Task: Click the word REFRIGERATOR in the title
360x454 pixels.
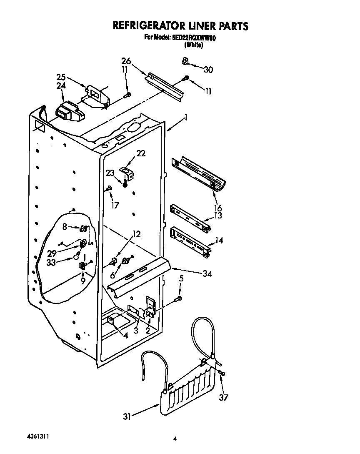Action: coord(153,26)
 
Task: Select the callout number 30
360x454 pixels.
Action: coord(208,70)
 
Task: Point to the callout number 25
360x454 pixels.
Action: coord(61,77)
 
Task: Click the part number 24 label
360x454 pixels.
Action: coord(61,86)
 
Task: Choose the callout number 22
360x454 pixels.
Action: coord(141,153)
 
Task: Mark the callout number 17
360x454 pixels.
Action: coord(115,205)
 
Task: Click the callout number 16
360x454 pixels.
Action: coord(217,208)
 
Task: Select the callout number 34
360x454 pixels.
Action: coord(207,273)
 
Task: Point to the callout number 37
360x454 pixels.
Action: coord(224,397)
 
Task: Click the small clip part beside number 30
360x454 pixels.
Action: coord(185,62)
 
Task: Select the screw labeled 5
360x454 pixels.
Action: coord(179,298)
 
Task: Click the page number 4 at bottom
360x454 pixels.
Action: coord(176,438)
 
